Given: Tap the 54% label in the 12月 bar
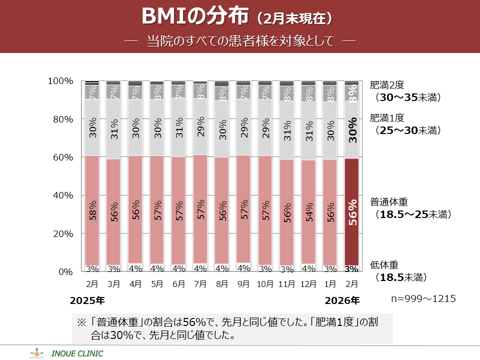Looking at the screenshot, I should tap(308, 213).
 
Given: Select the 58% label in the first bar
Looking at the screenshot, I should tap(92, 213).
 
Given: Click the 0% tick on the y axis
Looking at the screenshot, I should tap(64, 271).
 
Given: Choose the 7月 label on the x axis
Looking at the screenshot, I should tap(200, 284).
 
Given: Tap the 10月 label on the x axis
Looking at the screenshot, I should tap(265, 284).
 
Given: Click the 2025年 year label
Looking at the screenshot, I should tap(87, 300).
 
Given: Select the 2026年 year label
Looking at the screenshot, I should tap(342, 300).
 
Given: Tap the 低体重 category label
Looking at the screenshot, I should tap(384, 265).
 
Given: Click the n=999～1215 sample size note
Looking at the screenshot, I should tap(423, 298).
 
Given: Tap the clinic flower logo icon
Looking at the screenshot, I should tap(37, 353).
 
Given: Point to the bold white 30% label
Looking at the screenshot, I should tap(352, 130).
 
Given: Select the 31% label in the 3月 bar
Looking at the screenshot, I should tap(114, 129).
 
